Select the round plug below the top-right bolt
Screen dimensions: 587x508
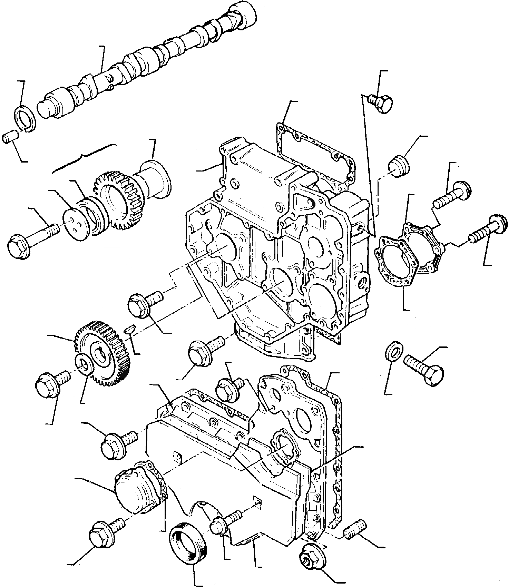tap(400, 165)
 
